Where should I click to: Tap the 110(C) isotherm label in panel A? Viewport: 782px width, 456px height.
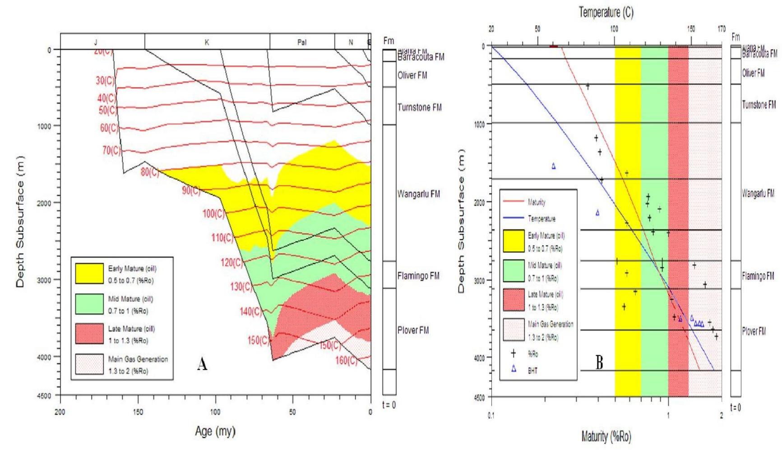tap(222, 237)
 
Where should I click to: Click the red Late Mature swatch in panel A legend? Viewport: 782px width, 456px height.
tap(89, 334)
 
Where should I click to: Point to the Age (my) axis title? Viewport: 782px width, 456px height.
tap(215, 431)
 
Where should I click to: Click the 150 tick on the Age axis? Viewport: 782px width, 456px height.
tap(138, 412)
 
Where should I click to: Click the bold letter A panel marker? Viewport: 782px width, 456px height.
tap(202, 364)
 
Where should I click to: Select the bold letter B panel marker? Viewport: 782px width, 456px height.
tap(599, 362)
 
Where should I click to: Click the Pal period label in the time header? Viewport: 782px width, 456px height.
tap(302, 42)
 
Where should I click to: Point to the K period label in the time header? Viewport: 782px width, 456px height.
tap(207, 42)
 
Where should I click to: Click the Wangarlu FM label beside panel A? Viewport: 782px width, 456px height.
tap(418, 194)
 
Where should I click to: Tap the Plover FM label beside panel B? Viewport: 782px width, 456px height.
tap(754, 331)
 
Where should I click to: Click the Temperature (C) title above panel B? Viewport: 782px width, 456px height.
tap(606, 13)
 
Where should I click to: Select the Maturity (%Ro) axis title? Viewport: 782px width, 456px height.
tap(606, 437)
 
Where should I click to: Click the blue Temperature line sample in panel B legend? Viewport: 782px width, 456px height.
tap(514, 218)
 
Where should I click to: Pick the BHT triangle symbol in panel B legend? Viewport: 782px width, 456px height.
tap(514, 369)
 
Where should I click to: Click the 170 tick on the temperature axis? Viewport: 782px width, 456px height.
tap(722, 29)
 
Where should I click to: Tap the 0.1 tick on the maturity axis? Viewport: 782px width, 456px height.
tap(491, 415)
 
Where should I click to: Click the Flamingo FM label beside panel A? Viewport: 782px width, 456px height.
tap(418, 276)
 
